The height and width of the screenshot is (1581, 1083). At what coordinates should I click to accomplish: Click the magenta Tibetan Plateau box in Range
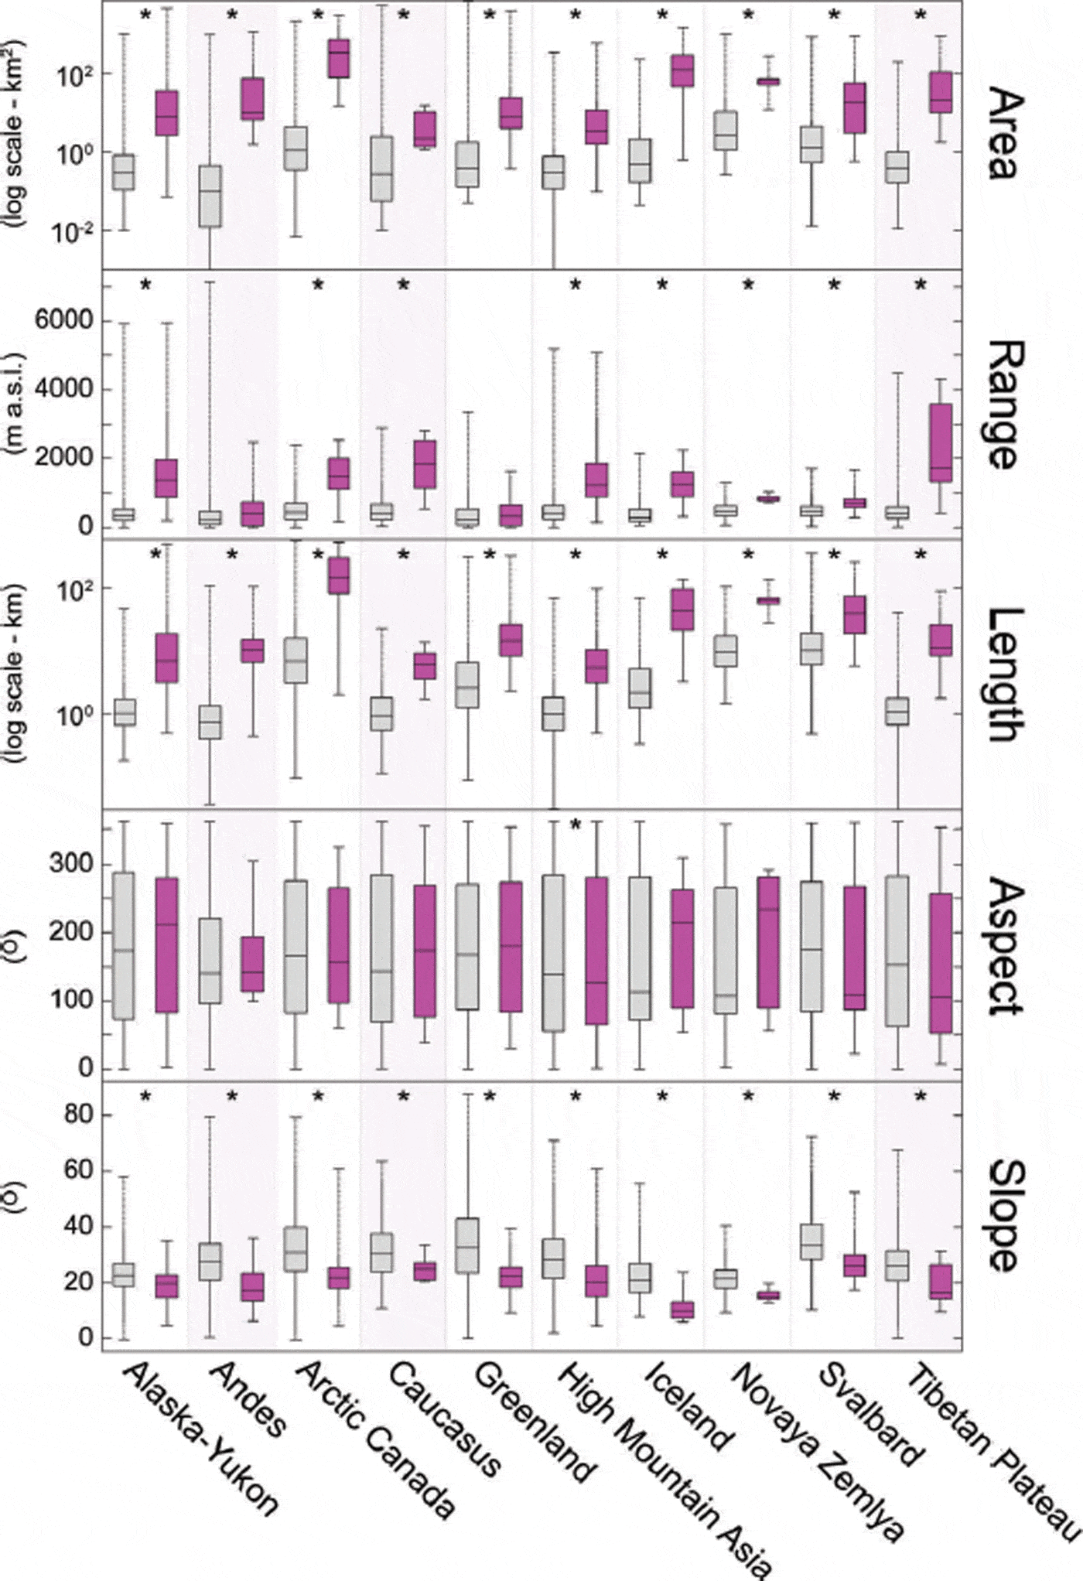941,442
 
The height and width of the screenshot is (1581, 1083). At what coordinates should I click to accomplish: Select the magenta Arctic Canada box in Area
339,58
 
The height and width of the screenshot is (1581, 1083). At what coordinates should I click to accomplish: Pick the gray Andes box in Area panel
210,196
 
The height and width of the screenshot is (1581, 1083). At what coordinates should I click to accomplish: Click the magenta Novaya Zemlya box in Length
768,600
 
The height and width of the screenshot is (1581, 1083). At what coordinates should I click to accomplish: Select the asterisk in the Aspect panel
576,825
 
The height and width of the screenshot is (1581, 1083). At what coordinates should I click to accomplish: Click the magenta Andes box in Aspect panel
252,964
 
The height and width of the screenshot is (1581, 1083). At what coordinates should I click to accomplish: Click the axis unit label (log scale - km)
17,673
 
